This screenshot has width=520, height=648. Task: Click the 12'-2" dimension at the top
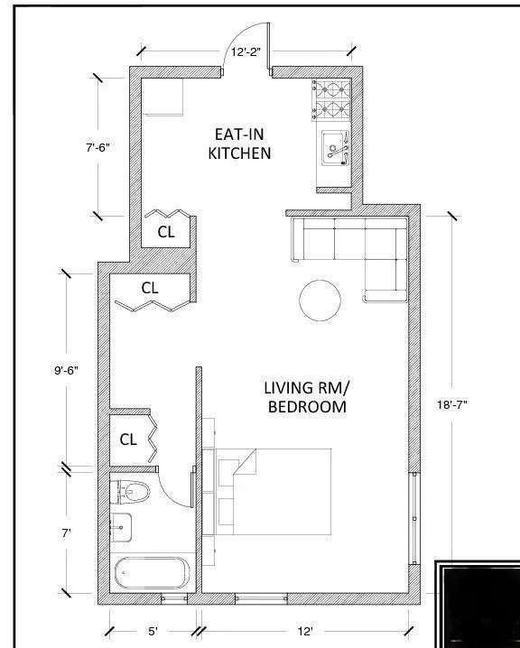pyautogui.click(x=245, y=53)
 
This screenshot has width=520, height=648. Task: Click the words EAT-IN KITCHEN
pyautogui.click(x=239, y=143)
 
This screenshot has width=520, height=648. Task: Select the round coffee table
pyautogui.click(x=320, y=301)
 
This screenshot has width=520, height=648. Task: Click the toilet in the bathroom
pyautogui.click(x=134, y=493)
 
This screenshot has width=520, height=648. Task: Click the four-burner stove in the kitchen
pyautogui.click(x=331, y=101)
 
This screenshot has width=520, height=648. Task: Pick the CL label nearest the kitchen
pyautogui.click(x=166, y=231)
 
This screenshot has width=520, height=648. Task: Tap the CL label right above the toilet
pyautogui.click(x=128, y=440)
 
